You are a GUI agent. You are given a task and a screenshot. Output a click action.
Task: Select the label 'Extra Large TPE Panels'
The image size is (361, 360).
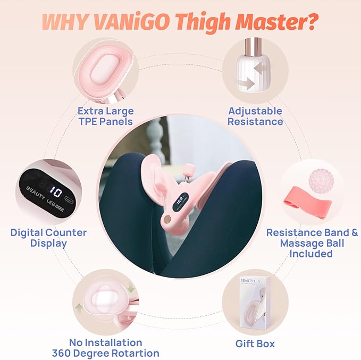(x=105, y=116)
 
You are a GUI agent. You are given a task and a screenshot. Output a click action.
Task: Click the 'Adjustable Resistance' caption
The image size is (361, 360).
(x=255, y=116)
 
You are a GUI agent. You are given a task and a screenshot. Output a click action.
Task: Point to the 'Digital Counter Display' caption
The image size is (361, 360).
(x=48, y=238)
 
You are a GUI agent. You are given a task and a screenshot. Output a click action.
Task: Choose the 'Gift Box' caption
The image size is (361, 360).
(x=255, y=344)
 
